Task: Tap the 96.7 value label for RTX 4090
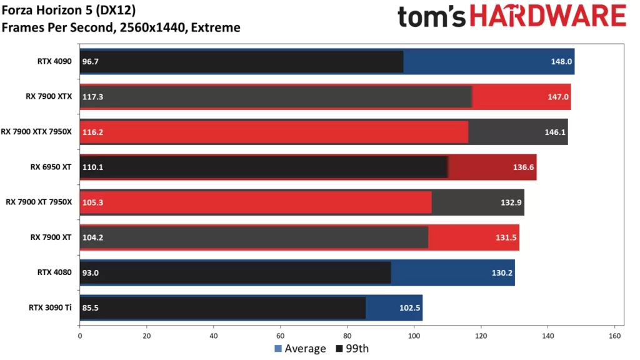[x=91, y=62]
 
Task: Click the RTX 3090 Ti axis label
[x=50, y=307]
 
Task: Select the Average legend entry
[x=300, y=348]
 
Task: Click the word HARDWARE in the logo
[x=547, y=16]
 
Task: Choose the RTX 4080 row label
[x=54, y=272]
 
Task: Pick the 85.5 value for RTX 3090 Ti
[x=91, y=307]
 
